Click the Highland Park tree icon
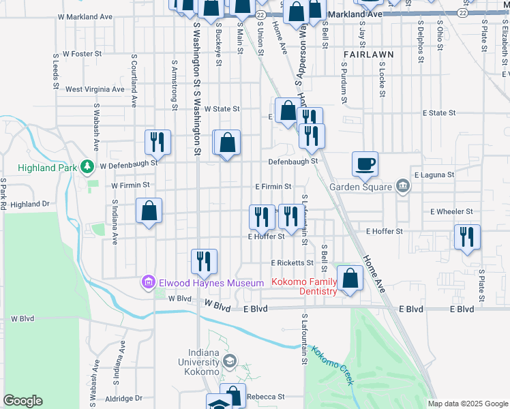tap(87, 166)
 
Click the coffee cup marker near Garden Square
tap(365, 163)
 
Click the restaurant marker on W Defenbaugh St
tap(157, 142)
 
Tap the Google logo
tap(22, 401)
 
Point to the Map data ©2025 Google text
tap(467, 404)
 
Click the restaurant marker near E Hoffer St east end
tap(467, 237)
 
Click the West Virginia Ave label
tap(95, 89)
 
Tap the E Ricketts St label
tap(292, 262)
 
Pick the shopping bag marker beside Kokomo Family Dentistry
tap(350, 278)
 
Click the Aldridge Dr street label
tap(119, 398)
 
